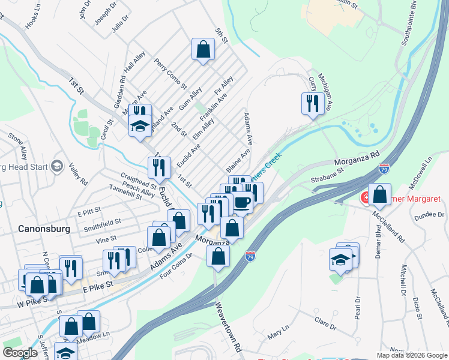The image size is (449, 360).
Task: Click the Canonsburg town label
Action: pyautogui.click(x=45, y=229)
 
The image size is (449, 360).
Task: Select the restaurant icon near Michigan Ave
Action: pyautogui.click(x=313, y=104)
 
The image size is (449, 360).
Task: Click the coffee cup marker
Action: pyautogui.click(x=242, y=203)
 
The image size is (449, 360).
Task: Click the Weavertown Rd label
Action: pyautogui.click(x=229, y=328)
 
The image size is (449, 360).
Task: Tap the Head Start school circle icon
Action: pyautogui.click(x=57, y=166)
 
